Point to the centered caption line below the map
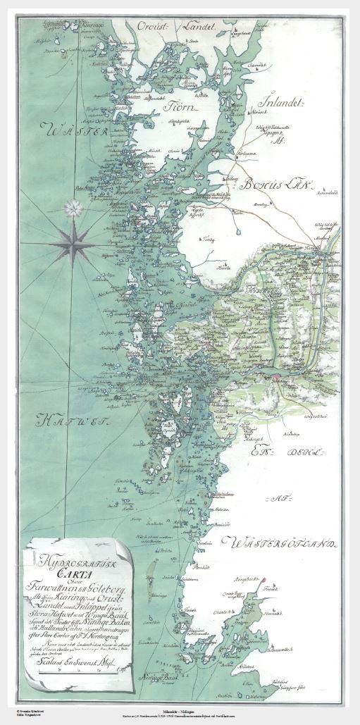coord(180,718)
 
